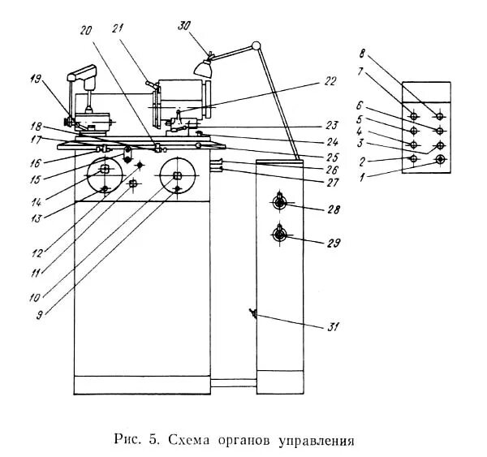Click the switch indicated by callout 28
pos(280,201)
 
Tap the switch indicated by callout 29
pos(280,235)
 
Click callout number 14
pos(35,198)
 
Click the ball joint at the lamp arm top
pos(256,45)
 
